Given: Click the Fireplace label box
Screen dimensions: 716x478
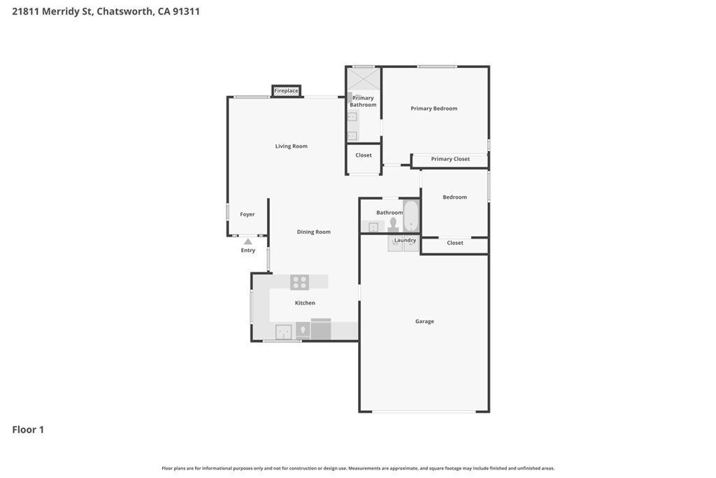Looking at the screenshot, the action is (286, 91).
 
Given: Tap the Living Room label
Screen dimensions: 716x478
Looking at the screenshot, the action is (292, 146).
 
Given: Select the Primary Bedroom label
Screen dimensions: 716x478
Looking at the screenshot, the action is (434, 108).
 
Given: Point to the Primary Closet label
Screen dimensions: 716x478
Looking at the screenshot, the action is (450, 159).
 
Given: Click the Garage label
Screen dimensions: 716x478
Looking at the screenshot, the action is (424, 321).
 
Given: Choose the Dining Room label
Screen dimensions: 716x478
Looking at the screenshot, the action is (314, 232).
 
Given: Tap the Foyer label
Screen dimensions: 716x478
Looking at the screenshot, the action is (248, 214).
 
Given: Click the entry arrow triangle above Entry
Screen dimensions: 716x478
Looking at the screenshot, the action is (248, 241).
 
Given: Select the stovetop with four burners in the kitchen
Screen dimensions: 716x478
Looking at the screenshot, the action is (299, 282).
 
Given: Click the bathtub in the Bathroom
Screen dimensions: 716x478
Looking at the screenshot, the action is (411, 216).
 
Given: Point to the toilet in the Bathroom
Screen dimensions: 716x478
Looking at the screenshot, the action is (393, 225).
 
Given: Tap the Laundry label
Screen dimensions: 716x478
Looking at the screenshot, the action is (406, 240).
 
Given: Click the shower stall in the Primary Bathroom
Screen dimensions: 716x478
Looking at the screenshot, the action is (364, 79).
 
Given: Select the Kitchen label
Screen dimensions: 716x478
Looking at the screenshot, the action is (305, 303).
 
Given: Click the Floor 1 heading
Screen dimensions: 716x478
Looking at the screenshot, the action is (28, 430).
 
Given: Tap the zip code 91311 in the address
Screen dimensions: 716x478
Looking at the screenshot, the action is (186, 11).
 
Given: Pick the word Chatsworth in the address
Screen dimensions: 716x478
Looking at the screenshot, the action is (124, 11).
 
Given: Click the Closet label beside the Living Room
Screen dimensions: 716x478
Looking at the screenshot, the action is (364, 155).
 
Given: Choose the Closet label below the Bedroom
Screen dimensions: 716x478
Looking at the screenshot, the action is (454, 243).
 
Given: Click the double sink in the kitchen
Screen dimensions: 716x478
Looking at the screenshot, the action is (284, 332).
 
